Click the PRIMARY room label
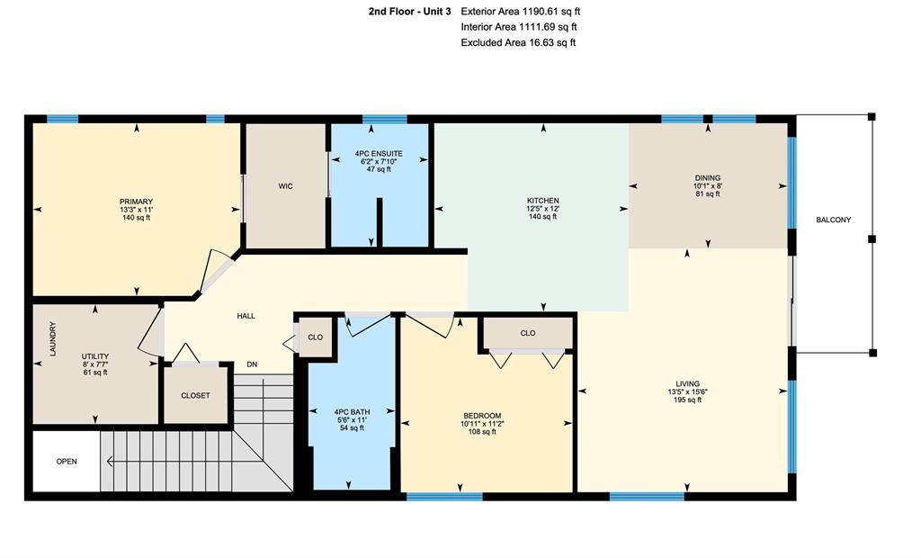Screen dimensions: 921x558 coord(137,202)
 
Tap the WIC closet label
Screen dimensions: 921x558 coord(285,186)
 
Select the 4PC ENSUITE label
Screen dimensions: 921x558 coord(379,154)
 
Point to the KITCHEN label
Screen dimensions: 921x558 coord(542,201)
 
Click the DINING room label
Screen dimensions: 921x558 coord(708,177)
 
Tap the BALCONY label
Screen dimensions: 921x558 coord(834,220)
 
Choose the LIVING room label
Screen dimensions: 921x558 coord(687,384)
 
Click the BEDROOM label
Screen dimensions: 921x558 coord(482,416)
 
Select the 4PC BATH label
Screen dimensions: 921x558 coord(352,412)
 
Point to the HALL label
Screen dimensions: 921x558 coord(246,316)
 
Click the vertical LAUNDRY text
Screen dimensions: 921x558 coord(53,338)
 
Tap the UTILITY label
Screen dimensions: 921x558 coord(95,356)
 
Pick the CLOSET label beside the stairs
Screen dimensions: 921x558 coord(195,396)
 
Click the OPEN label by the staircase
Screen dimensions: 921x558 coord(67,462)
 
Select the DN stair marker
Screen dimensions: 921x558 coord(252,364)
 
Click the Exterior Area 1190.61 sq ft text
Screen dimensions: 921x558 coord(521,11)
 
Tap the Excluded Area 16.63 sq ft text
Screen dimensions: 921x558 coord(518,42)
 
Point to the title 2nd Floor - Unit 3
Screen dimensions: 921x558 coord(410,11)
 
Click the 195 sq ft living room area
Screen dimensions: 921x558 coord(687,400)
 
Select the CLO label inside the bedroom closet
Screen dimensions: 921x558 coord(527,333)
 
